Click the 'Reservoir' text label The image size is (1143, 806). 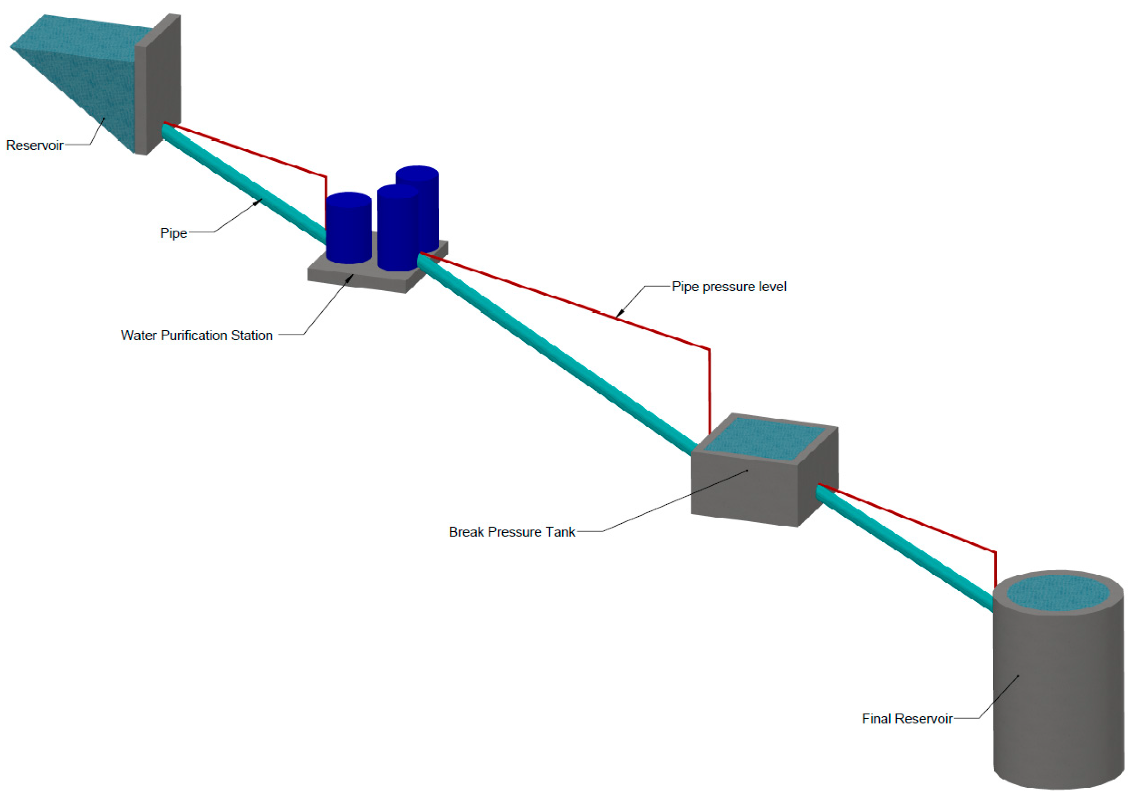point(34,145)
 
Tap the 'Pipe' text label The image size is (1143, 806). point(173,233)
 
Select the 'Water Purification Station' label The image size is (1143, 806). point(197,335)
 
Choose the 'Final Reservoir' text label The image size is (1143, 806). point(907,719)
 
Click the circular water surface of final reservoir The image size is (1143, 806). point(1058,593)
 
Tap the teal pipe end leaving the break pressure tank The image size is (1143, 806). point(821,493)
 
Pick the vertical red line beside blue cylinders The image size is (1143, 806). point(326,199)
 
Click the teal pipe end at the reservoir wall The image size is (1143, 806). point(167,131)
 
